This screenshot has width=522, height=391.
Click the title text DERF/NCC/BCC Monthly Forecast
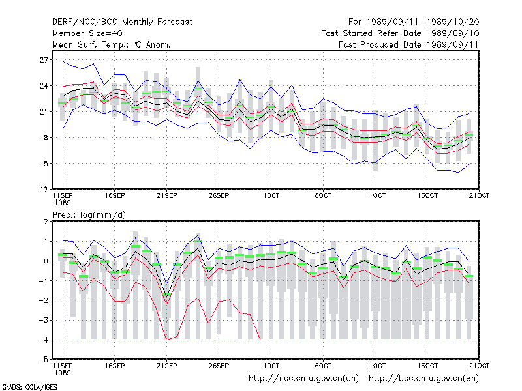coord(122,22)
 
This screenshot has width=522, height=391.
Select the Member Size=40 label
coord(87,33)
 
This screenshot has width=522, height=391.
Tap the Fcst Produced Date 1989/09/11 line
coord(408,44)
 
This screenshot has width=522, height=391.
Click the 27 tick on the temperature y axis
coord(44,60)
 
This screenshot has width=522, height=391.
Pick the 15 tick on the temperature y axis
coord(44,164)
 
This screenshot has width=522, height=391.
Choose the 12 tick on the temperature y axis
coord(44,190)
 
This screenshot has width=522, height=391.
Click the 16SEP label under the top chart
coord(115,196)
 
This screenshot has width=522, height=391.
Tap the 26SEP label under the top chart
coord(219,196)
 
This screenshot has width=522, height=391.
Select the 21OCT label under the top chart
coord(479,196)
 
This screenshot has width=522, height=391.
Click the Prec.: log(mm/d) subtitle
coord(89,215)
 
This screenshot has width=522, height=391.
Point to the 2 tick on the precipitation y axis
coord(46,222)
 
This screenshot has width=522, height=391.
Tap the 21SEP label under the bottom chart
coord(166,366)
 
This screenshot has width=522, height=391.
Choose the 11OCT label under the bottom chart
coord(375,366)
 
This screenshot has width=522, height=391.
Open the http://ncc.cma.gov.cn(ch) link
coord(303,379)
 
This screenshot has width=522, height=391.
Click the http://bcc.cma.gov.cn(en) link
coord(423,379)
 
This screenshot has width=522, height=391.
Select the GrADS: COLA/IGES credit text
coord(29,387)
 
